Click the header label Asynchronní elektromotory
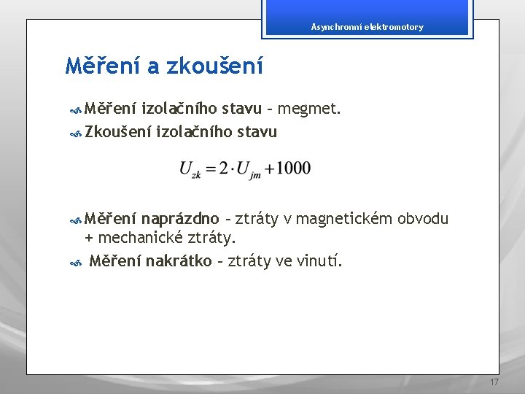367,27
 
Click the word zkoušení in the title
215,66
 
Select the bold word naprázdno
180,219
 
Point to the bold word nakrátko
179,260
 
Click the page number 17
494,383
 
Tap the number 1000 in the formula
294,169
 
